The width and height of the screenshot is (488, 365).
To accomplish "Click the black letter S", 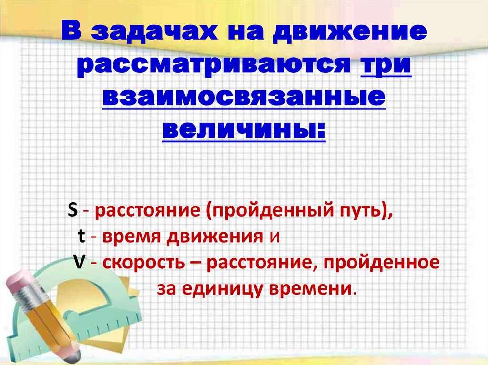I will click(72, 211).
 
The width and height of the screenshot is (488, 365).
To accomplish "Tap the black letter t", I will click(81, 236).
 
